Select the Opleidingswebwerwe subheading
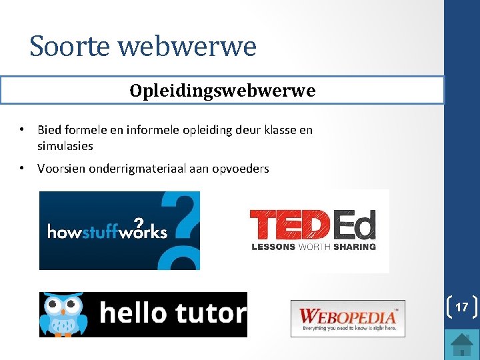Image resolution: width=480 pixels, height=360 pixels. click(223, 91)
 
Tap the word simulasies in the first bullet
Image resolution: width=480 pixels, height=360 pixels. click(65, 145)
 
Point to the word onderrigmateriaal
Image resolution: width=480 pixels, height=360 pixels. click(135, 169)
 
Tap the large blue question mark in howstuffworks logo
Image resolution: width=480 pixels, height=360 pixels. click(183, 227)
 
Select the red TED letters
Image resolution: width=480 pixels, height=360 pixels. click(289, 225)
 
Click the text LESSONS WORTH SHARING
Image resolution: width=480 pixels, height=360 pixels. click(313, 247)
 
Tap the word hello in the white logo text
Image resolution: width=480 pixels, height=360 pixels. click(131, 313)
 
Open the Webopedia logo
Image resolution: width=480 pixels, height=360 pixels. click(347, 319)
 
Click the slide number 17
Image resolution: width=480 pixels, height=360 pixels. click(461, 307)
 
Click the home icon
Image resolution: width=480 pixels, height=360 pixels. click(461, 344)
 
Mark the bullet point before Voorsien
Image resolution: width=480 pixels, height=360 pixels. click(23, 168)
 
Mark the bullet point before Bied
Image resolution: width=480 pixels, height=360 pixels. click(23, 129)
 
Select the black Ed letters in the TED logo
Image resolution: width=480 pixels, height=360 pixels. click(354, 225)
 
